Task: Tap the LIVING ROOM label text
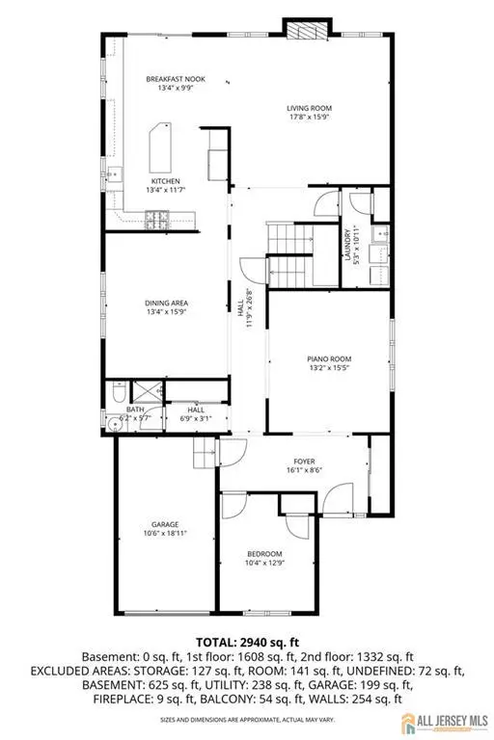pyautogui.click(x=308, y=108)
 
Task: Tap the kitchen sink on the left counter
pyautogui.click(x=114, y=175)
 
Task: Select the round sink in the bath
pyautogui.click(x=114, y=420)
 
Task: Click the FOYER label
pyautogui.click(x=293, y=462)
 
